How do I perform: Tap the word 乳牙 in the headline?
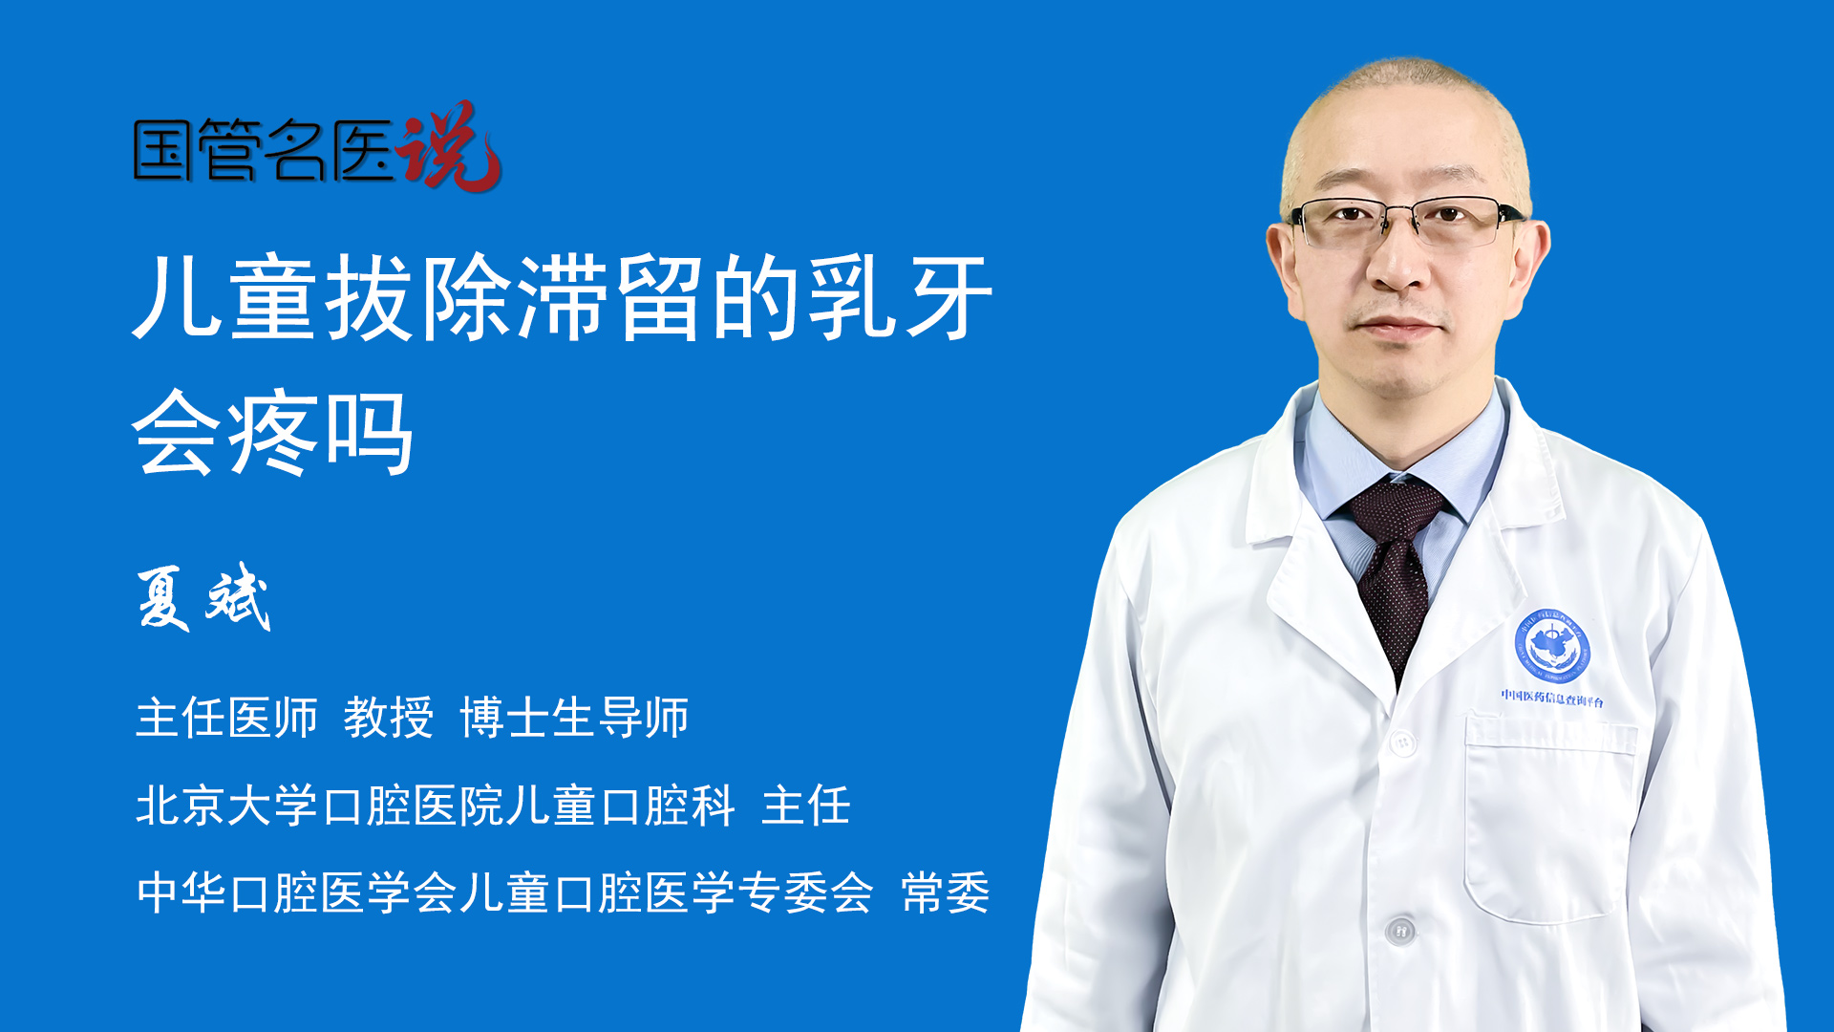pyautogui.click(x=901, y=298)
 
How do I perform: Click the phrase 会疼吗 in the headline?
pyautogui.click(x=273, y=433)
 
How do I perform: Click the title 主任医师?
pyautogui.click(x=226, y=718)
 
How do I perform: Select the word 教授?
pyautogui.click(x=389, y=718)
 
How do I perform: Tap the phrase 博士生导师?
pyautogui.click(x=574, y=718)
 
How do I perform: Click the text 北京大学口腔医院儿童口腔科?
pyautogui.click(x=436, y=806)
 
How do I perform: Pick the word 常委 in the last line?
pyautogui.click(x=946, y=893)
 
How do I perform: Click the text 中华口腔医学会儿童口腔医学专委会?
pyautogui.click(x=505, y=893)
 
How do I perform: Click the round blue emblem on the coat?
pyautogui.click(x=1552, y=646)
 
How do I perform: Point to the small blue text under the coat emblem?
pyautogui.click(x=1552, y=698)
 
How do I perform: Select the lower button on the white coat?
pyautogui.click(x=1400, y=929)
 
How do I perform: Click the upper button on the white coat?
pyautogui.click(x=1402, y=742)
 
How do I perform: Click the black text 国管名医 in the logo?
pyautogui.click(x=264, y=150)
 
